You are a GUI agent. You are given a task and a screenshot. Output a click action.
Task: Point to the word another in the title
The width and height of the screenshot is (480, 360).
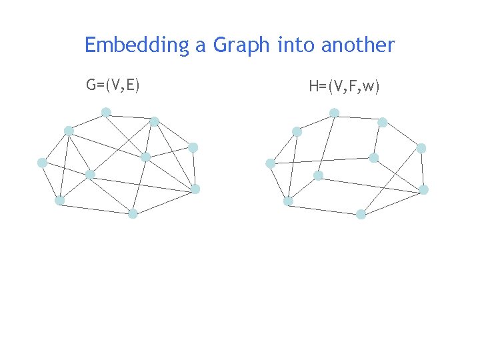(358, 45)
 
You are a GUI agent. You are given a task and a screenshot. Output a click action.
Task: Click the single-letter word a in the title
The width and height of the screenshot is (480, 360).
(201, 46)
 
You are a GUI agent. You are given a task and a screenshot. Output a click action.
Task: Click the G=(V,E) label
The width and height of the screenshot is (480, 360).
(113, 85)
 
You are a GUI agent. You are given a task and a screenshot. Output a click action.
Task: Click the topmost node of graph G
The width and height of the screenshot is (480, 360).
(106, 111)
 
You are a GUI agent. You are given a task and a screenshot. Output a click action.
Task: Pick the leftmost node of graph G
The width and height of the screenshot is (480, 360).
(42, 162)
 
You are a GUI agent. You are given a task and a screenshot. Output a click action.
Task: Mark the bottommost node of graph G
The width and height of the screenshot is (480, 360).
(133, 213)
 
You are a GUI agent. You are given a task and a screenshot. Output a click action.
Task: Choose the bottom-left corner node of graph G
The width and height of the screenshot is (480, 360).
(59, 200)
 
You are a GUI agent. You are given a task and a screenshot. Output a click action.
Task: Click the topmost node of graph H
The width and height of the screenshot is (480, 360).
(334, 113)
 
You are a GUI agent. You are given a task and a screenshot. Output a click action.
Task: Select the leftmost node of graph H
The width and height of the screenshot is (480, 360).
(270, 163)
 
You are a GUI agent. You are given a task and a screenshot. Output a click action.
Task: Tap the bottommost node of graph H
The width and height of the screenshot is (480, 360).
(361, 214)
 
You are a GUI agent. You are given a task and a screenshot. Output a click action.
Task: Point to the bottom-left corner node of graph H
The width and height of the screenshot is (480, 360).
(287, 201)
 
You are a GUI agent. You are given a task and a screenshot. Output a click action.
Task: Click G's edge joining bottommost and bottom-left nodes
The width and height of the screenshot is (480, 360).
(96, 207)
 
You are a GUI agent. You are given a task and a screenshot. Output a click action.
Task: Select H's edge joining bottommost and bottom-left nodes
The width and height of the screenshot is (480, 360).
(324, 207)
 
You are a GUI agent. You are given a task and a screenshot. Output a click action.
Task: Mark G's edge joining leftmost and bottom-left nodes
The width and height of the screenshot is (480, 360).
(51, 181)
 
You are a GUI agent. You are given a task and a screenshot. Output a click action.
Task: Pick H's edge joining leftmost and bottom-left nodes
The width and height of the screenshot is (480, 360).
(279, 182)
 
